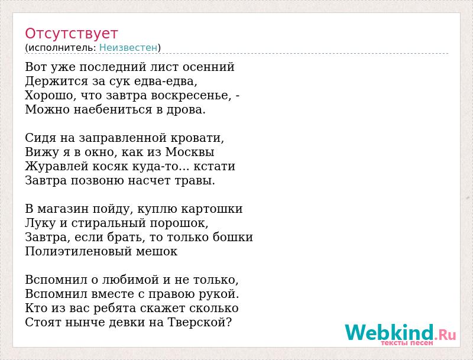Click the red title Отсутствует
coord(71,33)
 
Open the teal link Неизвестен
coord(128,47)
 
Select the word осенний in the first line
coord(209,67)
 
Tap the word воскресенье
coord(189,95)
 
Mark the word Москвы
coord(190,152)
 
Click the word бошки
coord(233,237)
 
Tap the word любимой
coord(131,280)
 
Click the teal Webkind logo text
coord(390,332)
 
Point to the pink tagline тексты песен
coord(407,343)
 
